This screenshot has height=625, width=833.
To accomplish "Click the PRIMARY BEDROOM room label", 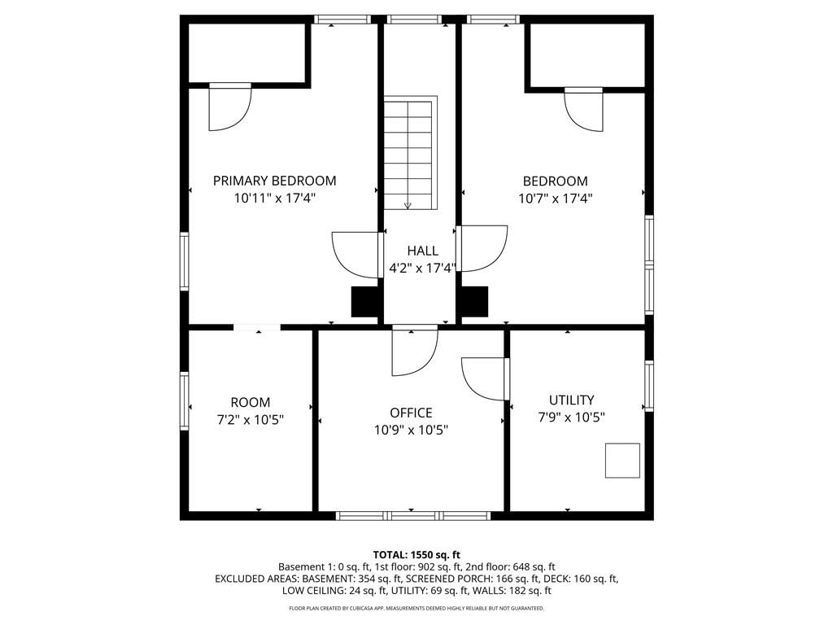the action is click(275, 181).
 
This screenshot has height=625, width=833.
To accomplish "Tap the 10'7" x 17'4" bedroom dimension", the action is click(555, 199).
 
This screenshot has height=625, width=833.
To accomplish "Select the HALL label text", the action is click(423, 251).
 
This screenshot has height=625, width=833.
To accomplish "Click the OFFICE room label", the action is click(411, 413).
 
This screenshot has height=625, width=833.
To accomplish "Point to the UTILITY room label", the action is click(572, 400).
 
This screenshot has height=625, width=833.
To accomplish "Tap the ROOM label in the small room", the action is click(251, 402).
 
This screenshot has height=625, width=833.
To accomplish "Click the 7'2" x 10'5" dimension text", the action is click(251, 420).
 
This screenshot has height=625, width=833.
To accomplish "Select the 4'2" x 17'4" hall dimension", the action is click(423, 269).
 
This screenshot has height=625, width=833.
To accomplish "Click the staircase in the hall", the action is click(411, 153).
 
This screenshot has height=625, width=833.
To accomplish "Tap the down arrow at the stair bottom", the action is click(408, 205).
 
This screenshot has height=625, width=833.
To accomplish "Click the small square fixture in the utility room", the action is click(622, 461).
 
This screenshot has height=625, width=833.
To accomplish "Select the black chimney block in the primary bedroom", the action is click(364, 302).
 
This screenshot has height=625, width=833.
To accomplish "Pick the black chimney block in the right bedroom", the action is click(474, 302).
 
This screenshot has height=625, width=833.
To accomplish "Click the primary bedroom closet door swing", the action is click(229, 107).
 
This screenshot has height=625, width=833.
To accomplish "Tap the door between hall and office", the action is click(415, 351).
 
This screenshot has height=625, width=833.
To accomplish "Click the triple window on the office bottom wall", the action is click(413, 515).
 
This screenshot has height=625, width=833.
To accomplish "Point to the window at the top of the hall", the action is click(414, 20).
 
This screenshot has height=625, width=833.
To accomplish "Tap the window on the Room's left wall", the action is click(185, 400).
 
